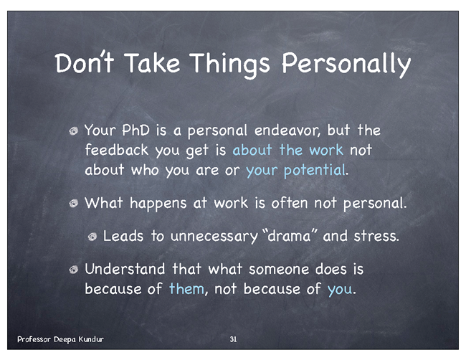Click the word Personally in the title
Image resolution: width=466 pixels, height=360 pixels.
(x=346, y=65)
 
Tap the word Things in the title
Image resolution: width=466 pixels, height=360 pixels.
(x=229, y=65)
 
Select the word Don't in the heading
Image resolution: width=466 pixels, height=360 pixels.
(x=84, y=62)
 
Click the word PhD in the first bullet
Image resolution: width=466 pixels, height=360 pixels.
(x=135, y=131)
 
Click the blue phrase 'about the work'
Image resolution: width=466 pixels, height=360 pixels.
(x=287, y=150)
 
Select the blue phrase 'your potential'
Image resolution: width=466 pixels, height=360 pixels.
(x=295, y=171)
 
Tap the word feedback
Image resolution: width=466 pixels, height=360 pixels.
(x=116, y=150)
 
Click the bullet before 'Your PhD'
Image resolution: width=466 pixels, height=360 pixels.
(x=73, y=131)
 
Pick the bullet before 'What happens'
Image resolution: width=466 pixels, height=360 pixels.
(x=73, y=204)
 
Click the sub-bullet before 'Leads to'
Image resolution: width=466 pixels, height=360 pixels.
(x=92, y=237)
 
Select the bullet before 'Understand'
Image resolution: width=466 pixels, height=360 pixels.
(x=73, y=270)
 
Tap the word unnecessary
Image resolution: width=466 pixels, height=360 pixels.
(x=214, y=237)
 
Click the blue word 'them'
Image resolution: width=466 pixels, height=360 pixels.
(x=186, y=289)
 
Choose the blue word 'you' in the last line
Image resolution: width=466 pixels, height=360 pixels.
(x=339, y=289)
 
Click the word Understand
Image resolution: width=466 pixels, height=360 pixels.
(x=125, y=269)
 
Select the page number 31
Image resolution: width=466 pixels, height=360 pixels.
(x=233, y=339)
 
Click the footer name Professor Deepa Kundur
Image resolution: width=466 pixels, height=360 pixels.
(x=60, y=339)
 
